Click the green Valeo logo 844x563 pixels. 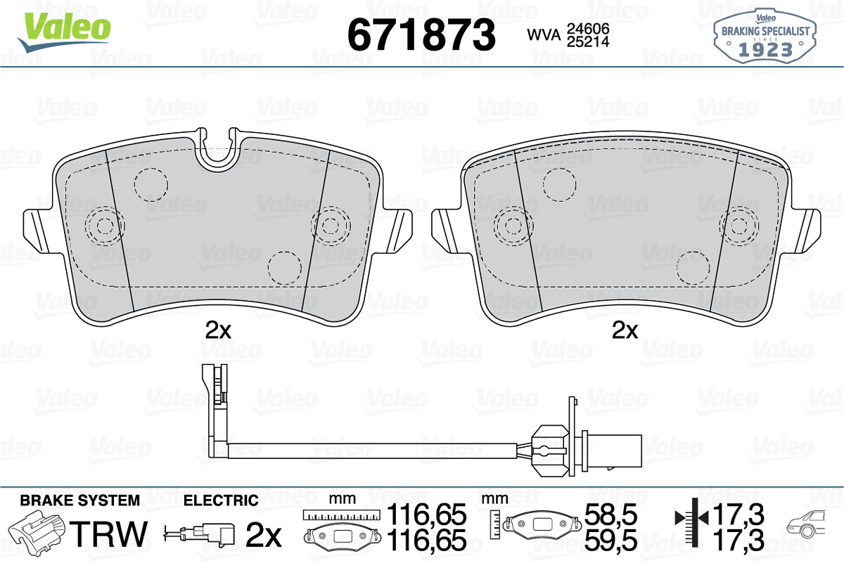64,31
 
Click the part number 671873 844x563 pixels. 421,34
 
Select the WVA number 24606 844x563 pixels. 588,28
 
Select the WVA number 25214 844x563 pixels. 588,41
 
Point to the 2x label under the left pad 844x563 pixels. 218,330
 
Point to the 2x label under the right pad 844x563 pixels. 625,330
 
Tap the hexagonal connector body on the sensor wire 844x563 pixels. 549,451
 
